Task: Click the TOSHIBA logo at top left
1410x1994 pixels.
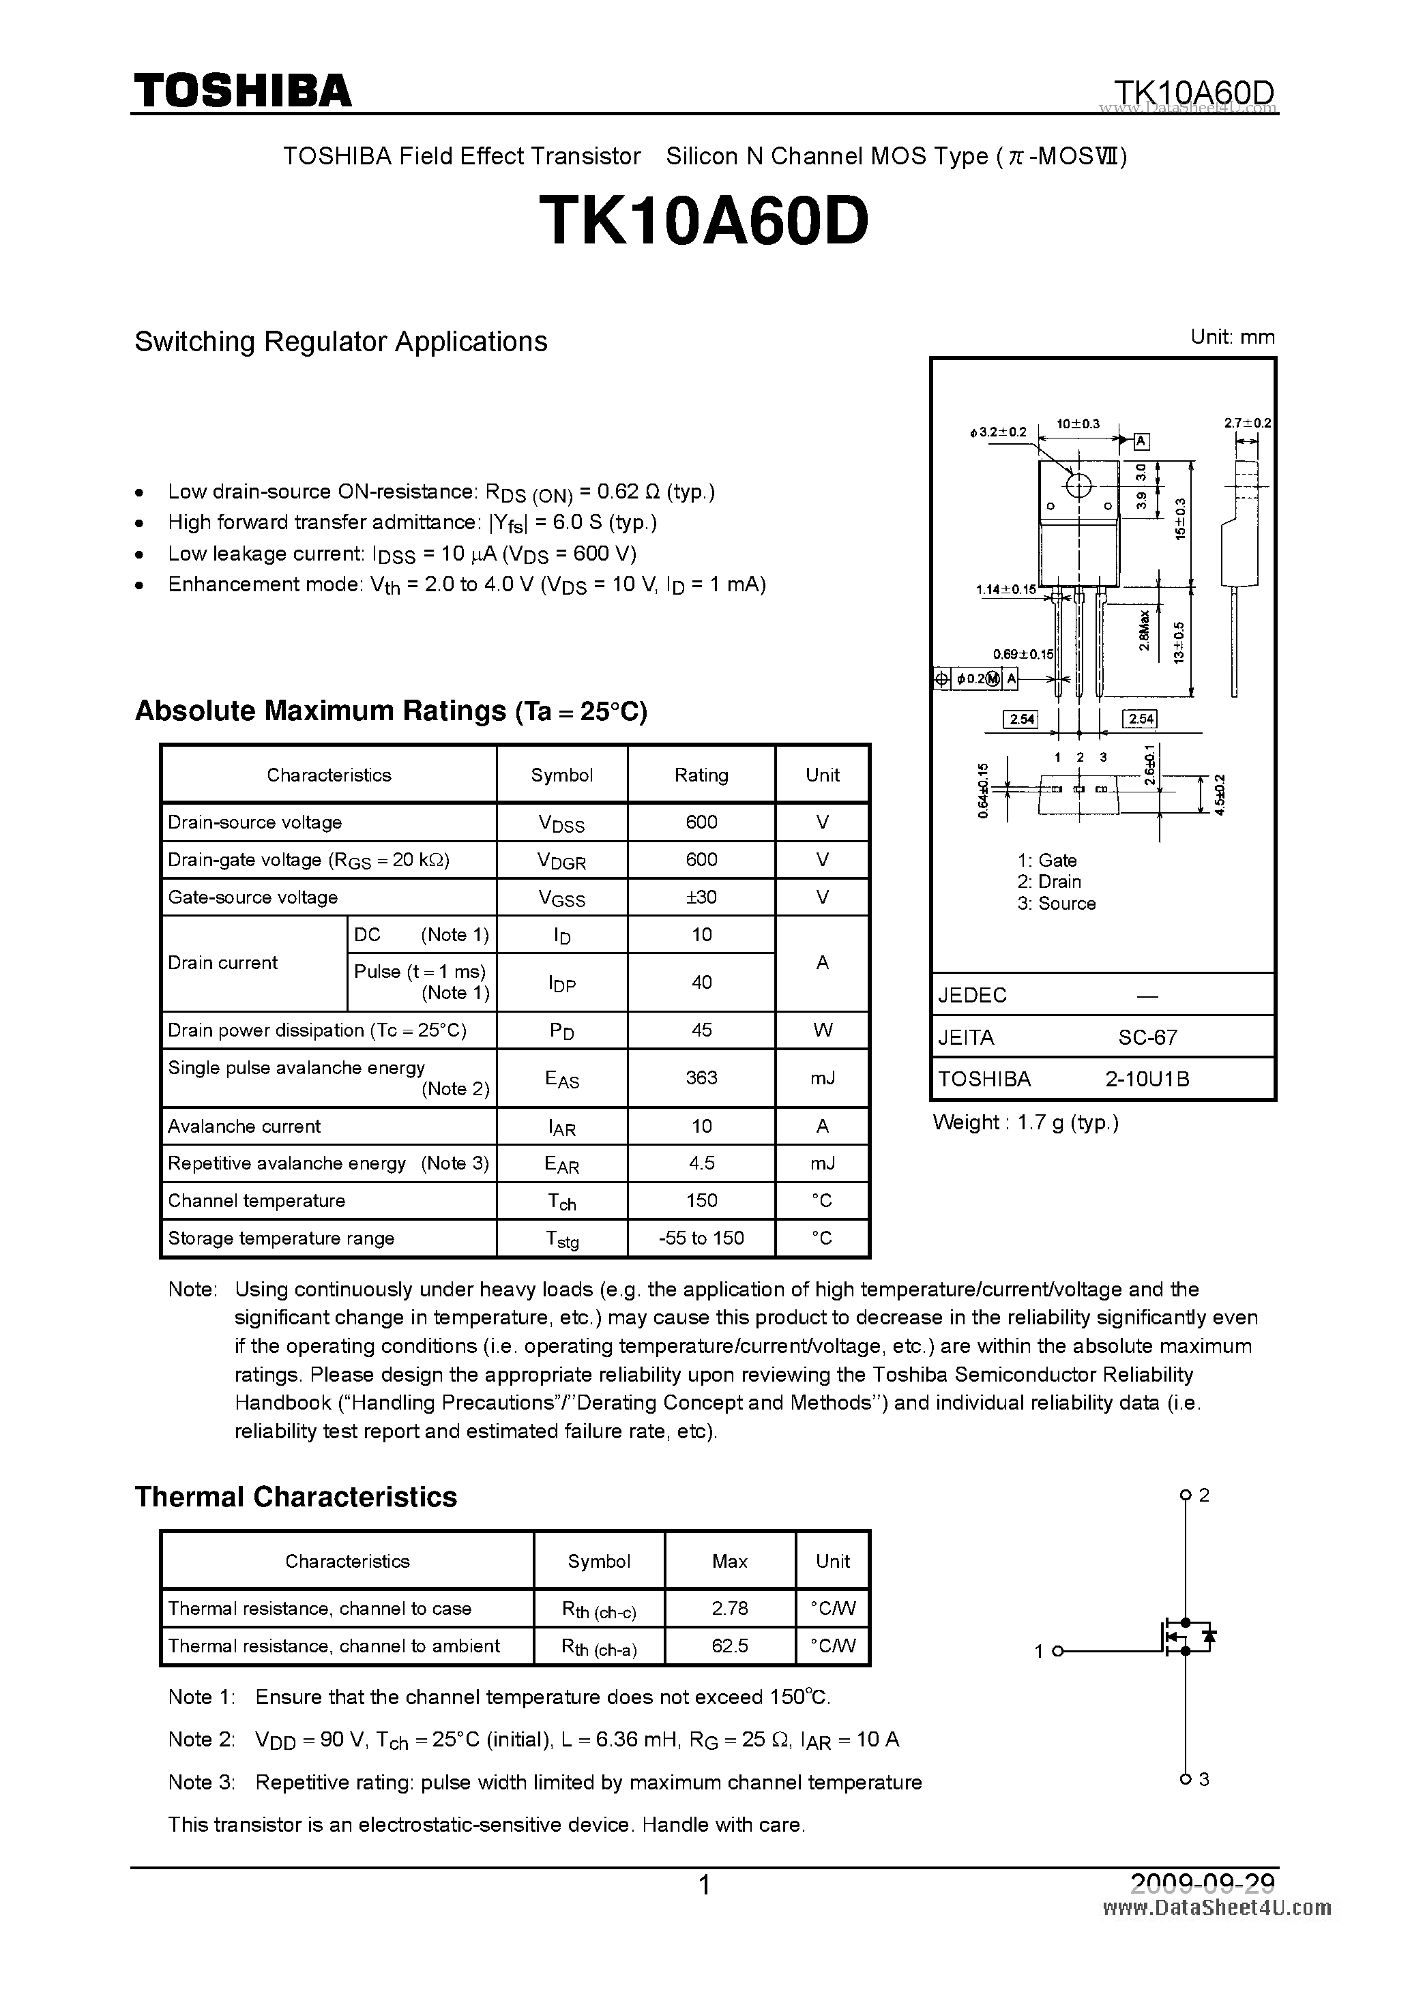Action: point(242,90)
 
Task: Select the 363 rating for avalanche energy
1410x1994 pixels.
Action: point(701,1077)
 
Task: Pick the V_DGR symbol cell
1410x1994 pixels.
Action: point(561,861)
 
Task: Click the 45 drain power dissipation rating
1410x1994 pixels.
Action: point(701,1030)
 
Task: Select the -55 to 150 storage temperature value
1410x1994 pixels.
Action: point(701,1238)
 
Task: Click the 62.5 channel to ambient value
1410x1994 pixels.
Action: point(729,1646)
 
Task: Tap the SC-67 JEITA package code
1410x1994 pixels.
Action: point(1147,1037)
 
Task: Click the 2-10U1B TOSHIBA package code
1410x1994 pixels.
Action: point(1147,1079)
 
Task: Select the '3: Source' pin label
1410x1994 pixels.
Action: point(1057,903)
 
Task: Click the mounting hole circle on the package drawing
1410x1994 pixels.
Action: point(1078,485)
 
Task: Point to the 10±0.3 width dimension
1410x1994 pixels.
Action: point(1077,423)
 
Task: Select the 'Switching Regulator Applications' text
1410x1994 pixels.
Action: point(340,341)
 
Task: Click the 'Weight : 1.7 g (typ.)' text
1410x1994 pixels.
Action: point(1025,1122)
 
